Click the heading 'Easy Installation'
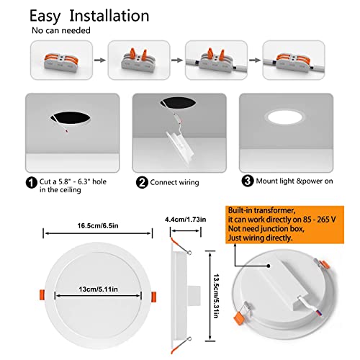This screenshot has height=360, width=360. click(x=89, y=15)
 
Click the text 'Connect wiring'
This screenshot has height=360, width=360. click(x=177, y=183)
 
